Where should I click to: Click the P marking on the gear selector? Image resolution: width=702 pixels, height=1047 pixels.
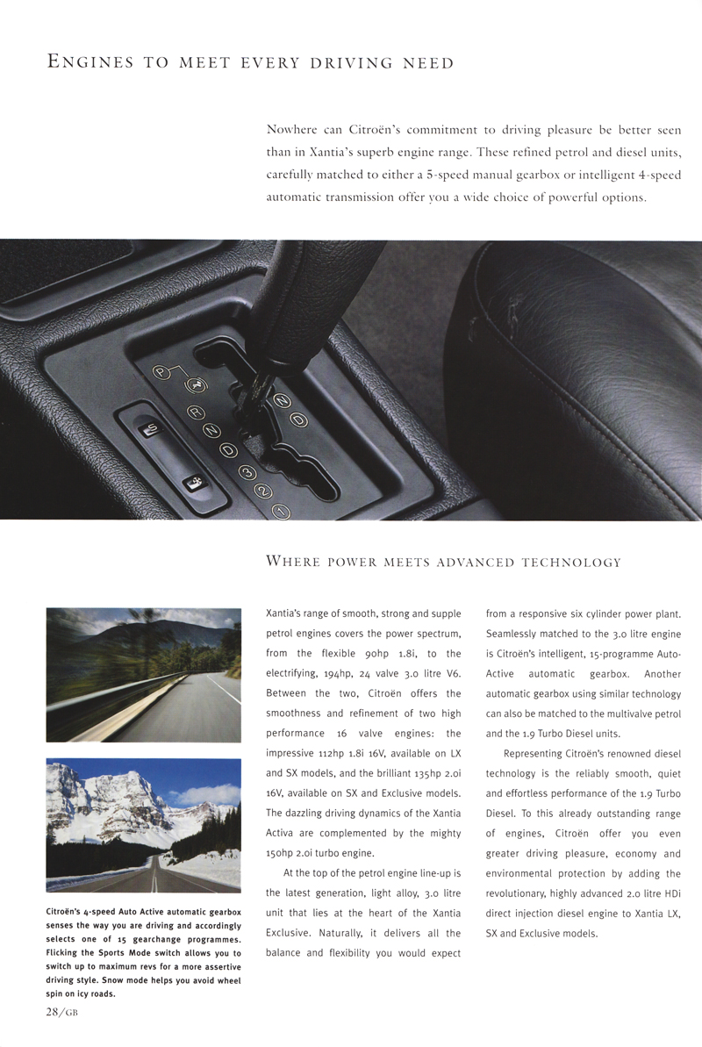[x=160, y=372]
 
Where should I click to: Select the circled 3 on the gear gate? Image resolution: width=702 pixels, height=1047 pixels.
[x=247, y=473]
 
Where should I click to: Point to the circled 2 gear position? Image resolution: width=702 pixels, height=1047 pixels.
[x=263, y=492]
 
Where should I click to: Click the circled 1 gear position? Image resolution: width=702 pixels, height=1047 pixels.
[x=281, y=511]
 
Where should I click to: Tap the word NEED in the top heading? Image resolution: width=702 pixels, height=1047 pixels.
[x=428, y=62]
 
